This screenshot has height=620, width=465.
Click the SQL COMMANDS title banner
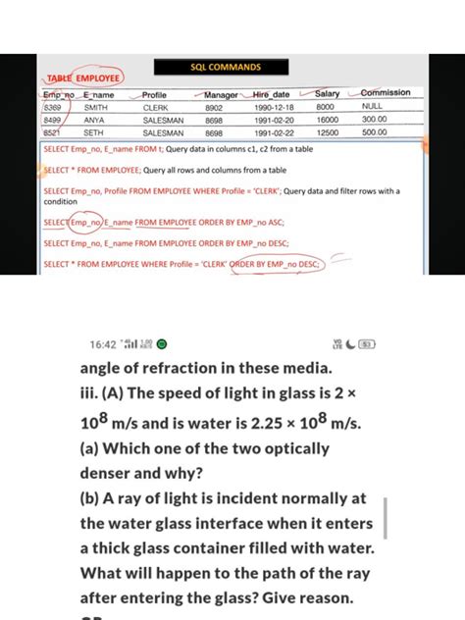click(x=226, y=68)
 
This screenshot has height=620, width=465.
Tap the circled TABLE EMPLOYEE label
click(x=83, y=77)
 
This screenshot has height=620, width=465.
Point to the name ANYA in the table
click(x=94, y=119)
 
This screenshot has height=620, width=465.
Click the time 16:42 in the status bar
click(x=102, y=344)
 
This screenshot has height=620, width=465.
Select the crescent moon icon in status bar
click(x=350, y=344)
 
